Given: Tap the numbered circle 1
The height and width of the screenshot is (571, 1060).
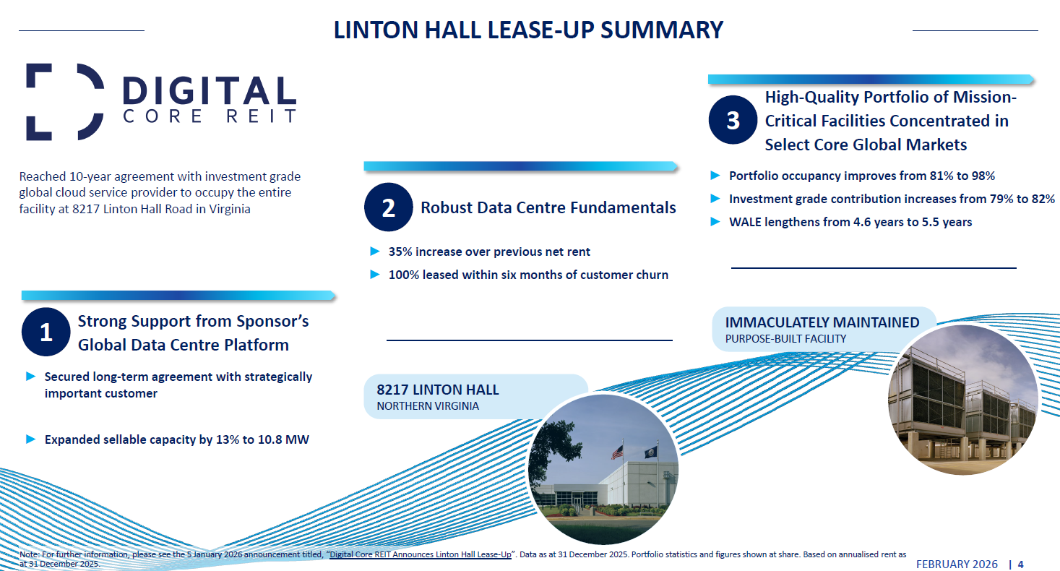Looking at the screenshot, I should pos(46,332).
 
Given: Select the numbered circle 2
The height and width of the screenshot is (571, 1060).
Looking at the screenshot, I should pos(388,208).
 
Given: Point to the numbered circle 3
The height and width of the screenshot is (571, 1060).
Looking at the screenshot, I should pos(733,121).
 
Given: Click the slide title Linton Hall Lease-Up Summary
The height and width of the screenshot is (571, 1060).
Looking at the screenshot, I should pos(528,30).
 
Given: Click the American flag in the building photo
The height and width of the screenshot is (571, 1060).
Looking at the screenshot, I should pos(617,452).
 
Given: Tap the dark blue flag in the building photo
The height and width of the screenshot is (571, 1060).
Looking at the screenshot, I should pos(651,452).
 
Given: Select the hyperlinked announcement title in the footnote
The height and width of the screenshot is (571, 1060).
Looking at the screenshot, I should pos(421,554).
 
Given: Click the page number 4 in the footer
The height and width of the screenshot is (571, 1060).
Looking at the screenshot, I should pos(1021,564).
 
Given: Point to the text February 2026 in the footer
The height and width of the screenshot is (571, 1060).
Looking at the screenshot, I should pos(957,564).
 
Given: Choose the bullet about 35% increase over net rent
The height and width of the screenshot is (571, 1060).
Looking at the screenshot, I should pos(489,252).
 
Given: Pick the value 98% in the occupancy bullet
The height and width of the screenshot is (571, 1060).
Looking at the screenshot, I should pos(981,176).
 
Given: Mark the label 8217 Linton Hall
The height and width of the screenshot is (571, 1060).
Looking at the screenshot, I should pos(438,390).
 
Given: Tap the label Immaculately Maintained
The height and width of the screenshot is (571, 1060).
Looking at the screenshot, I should pos(822,322).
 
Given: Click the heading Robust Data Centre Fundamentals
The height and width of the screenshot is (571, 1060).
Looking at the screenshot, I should pos(548,208).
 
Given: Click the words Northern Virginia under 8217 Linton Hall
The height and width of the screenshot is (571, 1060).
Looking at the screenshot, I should pos(428,406).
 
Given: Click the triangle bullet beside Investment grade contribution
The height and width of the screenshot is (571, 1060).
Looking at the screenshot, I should pos(715,199).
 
